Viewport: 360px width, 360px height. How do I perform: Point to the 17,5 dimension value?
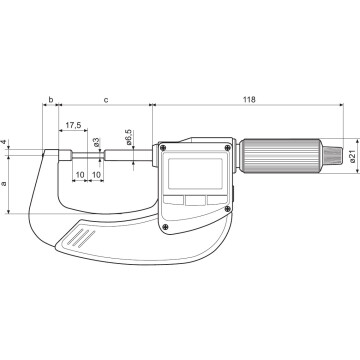click(73, 126)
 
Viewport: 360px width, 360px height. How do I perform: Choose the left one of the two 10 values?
click(79, 175)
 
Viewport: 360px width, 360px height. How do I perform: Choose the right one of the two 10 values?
click(96, 175)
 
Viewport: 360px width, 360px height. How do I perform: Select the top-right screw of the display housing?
click(231, 149)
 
